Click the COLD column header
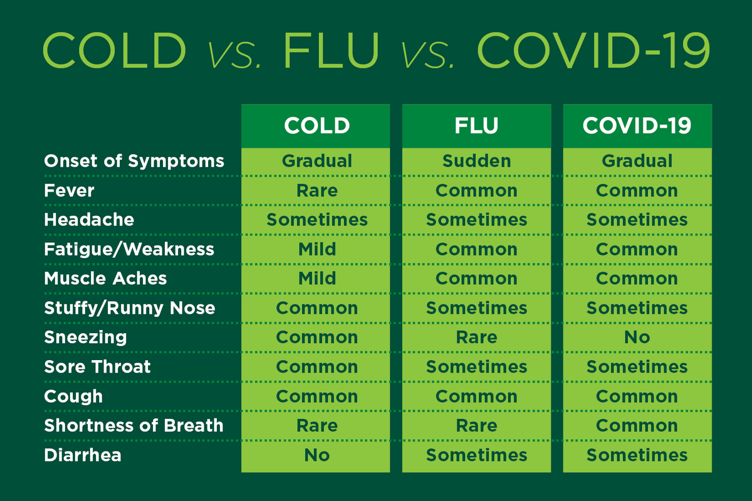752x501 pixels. tap(316, 125)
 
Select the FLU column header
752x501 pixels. tap(476, 125)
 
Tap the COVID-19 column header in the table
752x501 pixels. tap(637, 125)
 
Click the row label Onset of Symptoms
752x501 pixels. tap(134, 161)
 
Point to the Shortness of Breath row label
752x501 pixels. tap(133, 426)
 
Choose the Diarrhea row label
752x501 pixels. tap(83, 455)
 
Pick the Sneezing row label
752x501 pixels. tap(85, 338)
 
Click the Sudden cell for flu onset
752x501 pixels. tap(476, 161)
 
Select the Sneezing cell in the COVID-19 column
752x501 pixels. tap(637, 338)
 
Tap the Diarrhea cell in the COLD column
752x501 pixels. tap(316, 455)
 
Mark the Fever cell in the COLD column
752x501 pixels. tap(316, 190)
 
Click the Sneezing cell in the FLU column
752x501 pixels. tap(476, 338)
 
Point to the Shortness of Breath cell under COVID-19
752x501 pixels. tap(637, 426)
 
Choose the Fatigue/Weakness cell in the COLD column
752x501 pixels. tap(316, 249)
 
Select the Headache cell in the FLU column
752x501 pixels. tap(476, 220)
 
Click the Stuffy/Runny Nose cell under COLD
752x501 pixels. tap(316, 308)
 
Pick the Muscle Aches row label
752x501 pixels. tap(105, 279)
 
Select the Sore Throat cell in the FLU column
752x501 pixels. tap(476, 367)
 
